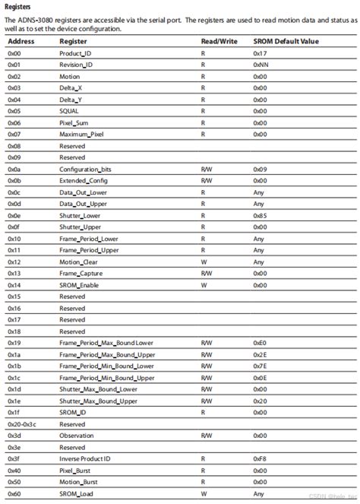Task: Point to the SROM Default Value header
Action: tap(286, 42)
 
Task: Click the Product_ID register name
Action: tap(75, 54)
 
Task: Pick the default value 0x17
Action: tap(260, 54)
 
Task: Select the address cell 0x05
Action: tap(14, 111)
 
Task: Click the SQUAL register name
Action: tap(69, 111)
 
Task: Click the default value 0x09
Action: tap(260, 169)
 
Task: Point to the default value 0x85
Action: tap(260, 215)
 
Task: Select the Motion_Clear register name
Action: tap(77, 261)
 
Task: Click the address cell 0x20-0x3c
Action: tap(22, 424)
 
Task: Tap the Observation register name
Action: tap(77, 436)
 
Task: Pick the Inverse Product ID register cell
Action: tap(85, 459)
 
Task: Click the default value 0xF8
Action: tap(260, 459)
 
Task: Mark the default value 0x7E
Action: tap(260, 366)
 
